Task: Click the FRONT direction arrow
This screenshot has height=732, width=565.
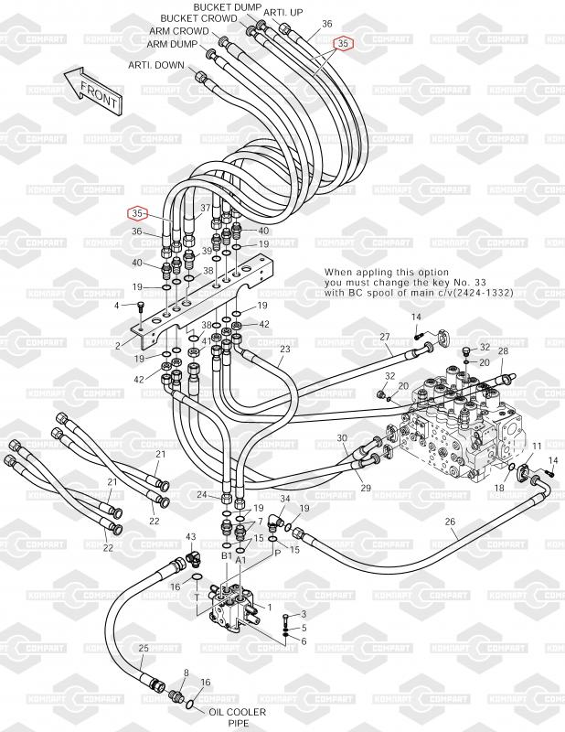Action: [x=93, y=91]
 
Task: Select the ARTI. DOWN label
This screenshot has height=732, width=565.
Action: [x=156, y=65]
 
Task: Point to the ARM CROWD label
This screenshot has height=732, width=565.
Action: [x=179, y=31]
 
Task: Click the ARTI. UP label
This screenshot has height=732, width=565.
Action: [x=283, y=13]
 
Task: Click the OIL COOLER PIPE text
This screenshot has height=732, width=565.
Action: [x=237, y=717]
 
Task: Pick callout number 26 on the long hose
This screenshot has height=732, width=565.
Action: [x=450, y=522]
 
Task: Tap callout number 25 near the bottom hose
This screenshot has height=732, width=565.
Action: [x=144, y=648]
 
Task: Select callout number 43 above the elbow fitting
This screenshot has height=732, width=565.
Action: [x=191, y=537]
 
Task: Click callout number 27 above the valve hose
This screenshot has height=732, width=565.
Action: [x=385, y=337]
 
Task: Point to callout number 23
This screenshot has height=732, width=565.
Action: [x=285, y=349]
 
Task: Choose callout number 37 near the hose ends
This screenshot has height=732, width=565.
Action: [x=206, y=208]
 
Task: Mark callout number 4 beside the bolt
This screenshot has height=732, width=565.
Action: [x=117, y=306]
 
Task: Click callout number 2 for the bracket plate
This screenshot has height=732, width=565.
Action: [x=118, y=346]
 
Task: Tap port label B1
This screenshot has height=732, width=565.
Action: [x=227, y=555]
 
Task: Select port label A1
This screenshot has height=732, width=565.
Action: [x=240, y=560]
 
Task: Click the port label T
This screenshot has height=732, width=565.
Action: [x=197, y=597]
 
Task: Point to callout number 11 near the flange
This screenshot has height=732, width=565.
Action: [x=537, y=447]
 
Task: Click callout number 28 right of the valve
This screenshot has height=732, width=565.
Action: [x=503, y=350]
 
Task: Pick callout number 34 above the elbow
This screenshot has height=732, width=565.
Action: [x=285, y=499]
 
